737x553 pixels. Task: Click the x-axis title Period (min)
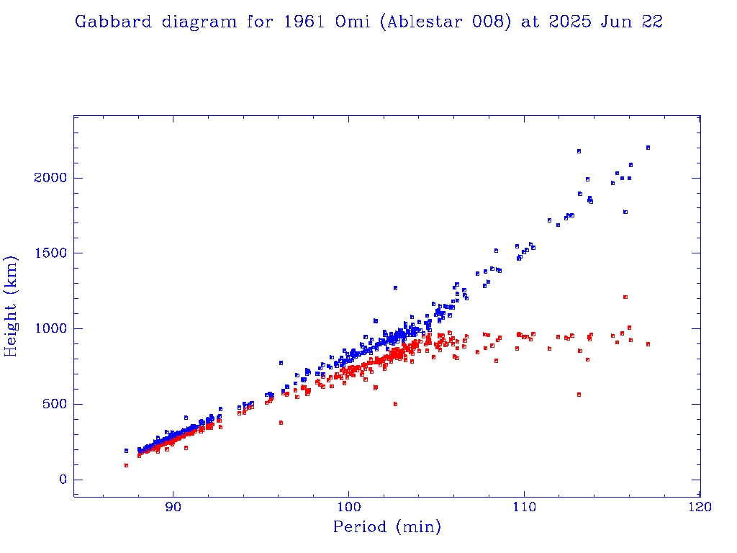pos(386,528)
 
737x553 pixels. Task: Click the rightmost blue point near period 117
pos(648,148)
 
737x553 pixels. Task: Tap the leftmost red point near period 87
pos(126,465)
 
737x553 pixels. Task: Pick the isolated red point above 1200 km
pos(625,297)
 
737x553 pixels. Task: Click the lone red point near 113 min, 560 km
pos(579,395)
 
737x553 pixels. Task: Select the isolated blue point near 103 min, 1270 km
pos(395,288)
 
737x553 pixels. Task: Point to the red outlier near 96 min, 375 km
pos(281,423)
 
